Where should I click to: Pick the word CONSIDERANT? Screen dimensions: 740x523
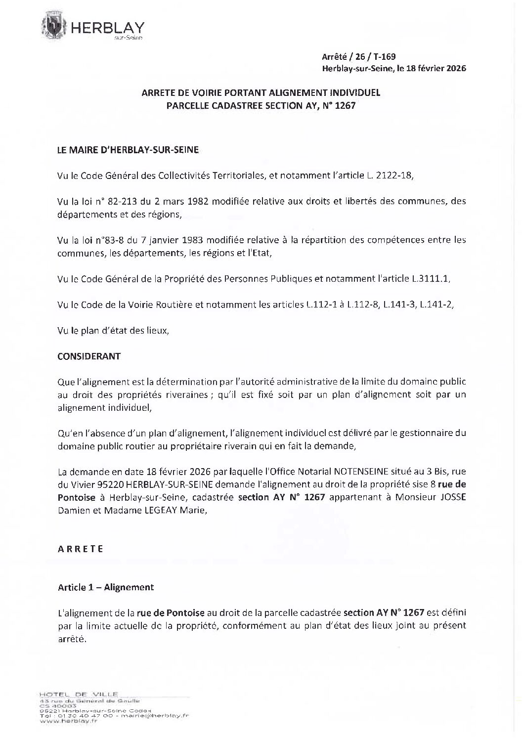point(89,356)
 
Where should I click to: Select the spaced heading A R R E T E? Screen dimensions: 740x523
point(81,549)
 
